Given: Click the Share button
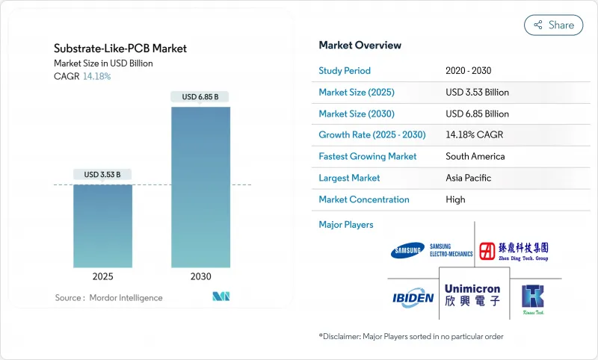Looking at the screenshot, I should (554, 25).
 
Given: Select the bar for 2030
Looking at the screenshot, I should (200, 187).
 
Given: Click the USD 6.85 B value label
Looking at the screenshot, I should (200, 96).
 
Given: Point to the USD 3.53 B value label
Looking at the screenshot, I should (102, 174).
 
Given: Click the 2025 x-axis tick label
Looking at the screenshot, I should (102, 276).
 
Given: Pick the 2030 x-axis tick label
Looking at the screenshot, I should (200, 276).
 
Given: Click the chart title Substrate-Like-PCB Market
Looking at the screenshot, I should (120, 49).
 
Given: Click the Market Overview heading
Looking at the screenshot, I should (360, 45).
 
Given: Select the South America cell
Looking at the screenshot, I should (475, 157).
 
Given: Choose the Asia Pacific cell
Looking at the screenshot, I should (471, 178).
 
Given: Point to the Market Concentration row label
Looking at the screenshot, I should (364, 199).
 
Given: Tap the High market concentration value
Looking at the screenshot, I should (455, 199).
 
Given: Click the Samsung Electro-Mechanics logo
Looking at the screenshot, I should (431, 250).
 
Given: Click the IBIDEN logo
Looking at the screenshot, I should (413, 299).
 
